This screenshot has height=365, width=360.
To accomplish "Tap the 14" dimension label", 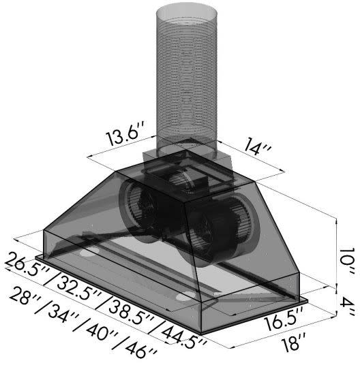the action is pos(257,146).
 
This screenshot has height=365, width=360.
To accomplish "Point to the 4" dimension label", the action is pos(347,306).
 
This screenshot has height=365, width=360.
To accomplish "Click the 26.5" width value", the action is pos(26,265).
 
